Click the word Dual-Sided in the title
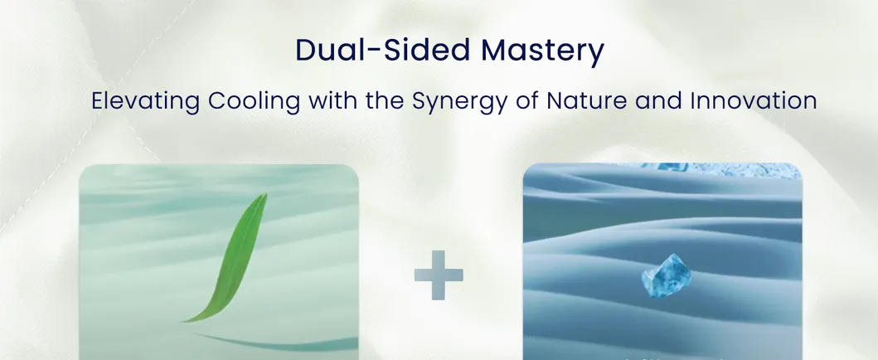(x=382, y=50)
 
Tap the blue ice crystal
(x=666, y=275)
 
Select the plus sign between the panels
(x=439, y=275)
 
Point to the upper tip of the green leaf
(x=265, y=195)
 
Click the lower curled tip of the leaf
(x=186, y=321)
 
